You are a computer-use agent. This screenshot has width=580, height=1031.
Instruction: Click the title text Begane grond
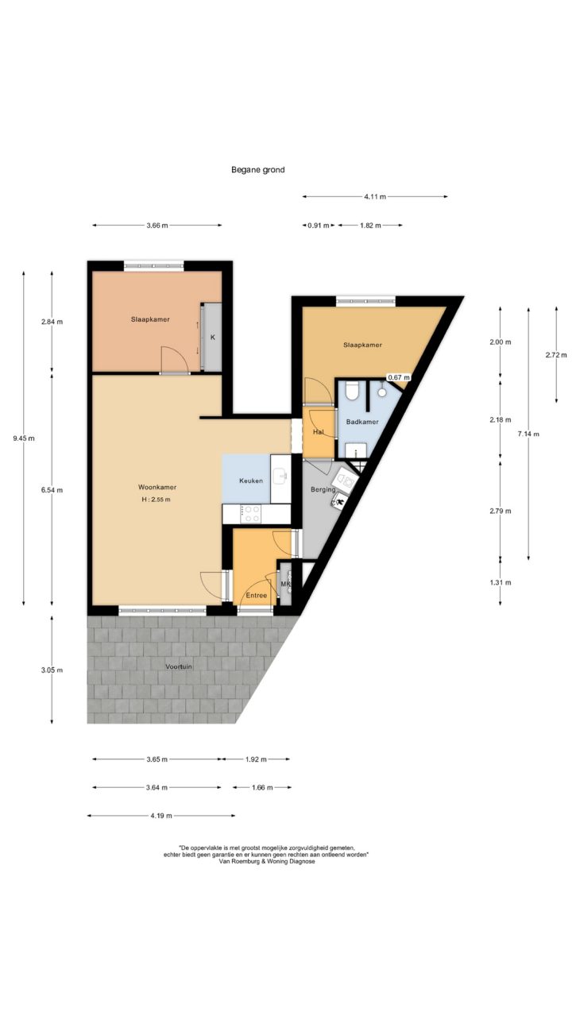[257, 170]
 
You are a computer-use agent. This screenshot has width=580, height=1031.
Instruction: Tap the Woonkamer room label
[157, 487]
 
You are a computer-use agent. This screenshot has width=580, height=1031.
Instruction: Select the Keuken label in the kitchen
[251, 481]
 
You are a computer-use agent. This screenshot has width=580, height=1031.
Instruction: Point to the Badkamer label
[362, 422]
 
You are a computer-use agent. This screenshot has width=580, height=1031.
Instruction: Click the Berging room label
[323, 489]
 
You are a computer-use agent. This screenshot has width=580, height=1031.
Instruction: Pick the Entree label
[257, 595]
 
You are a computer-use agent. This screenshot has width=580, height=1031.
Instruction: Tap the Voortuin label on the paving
[179, 666]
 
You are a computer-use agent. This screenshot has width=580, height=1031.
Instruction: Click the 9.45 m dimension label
[24, 438]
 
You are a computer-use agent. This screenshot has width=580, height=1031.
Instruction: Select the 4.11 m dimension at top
[375, 196]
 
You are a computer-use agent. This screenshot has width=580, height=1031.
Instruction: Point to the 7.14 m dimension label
[528, 434]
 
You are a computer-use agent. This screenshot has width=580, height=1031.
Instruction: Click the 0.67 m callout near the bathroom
[399, 377]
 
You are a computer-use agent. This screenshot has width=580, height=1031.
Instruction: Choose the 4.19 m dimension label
[161, 816]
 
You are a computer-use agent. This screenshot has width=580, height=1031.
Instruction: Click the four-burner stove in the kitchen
[251, 514]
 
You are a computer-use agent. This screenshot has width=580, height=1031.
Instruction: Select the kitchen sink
[280, 476]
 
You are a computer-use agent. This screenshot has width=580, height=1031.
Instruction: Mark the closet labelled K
[213, 337]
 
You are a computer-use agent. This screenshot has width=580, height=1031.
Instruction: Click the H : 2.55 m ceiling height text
[156, 500]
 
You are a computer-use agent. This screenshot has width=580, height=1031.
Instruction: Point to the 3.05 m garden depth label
[52, 670]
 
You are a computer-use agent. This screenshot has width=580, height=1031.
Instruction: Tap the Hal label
[318, 432]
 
